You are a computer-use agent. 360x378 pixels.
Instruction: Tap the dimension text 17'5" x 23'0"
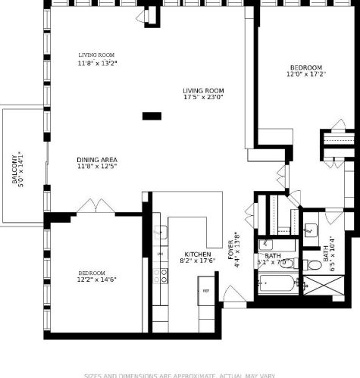pyautogui.click(x=203, y=98)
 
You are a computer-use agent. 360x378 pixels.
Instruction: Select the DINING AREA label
pyautogui.click(x=97, y=160)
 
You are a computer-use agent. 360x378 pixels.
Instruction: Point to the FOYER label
pyautogui.click(x=231, y=250)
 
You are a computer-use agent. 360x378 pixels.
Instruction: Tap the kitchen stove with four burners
pyautogui.click(x=160, y=276)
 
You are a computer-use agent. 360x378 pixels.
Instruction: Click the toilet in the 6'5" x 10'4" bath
pyautogui.click(x=313, y=264)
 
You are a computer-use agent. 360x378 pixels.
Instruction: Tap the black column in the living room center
pyautogui.click(x=152, y=116)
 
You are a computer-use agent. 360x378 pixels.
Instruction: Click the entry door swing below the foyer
pyautogui.click(x=235, y=297)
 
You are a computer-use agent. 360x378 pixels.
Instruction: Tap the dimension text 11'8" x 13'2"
pyautogui.click(x=97, y=64)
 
